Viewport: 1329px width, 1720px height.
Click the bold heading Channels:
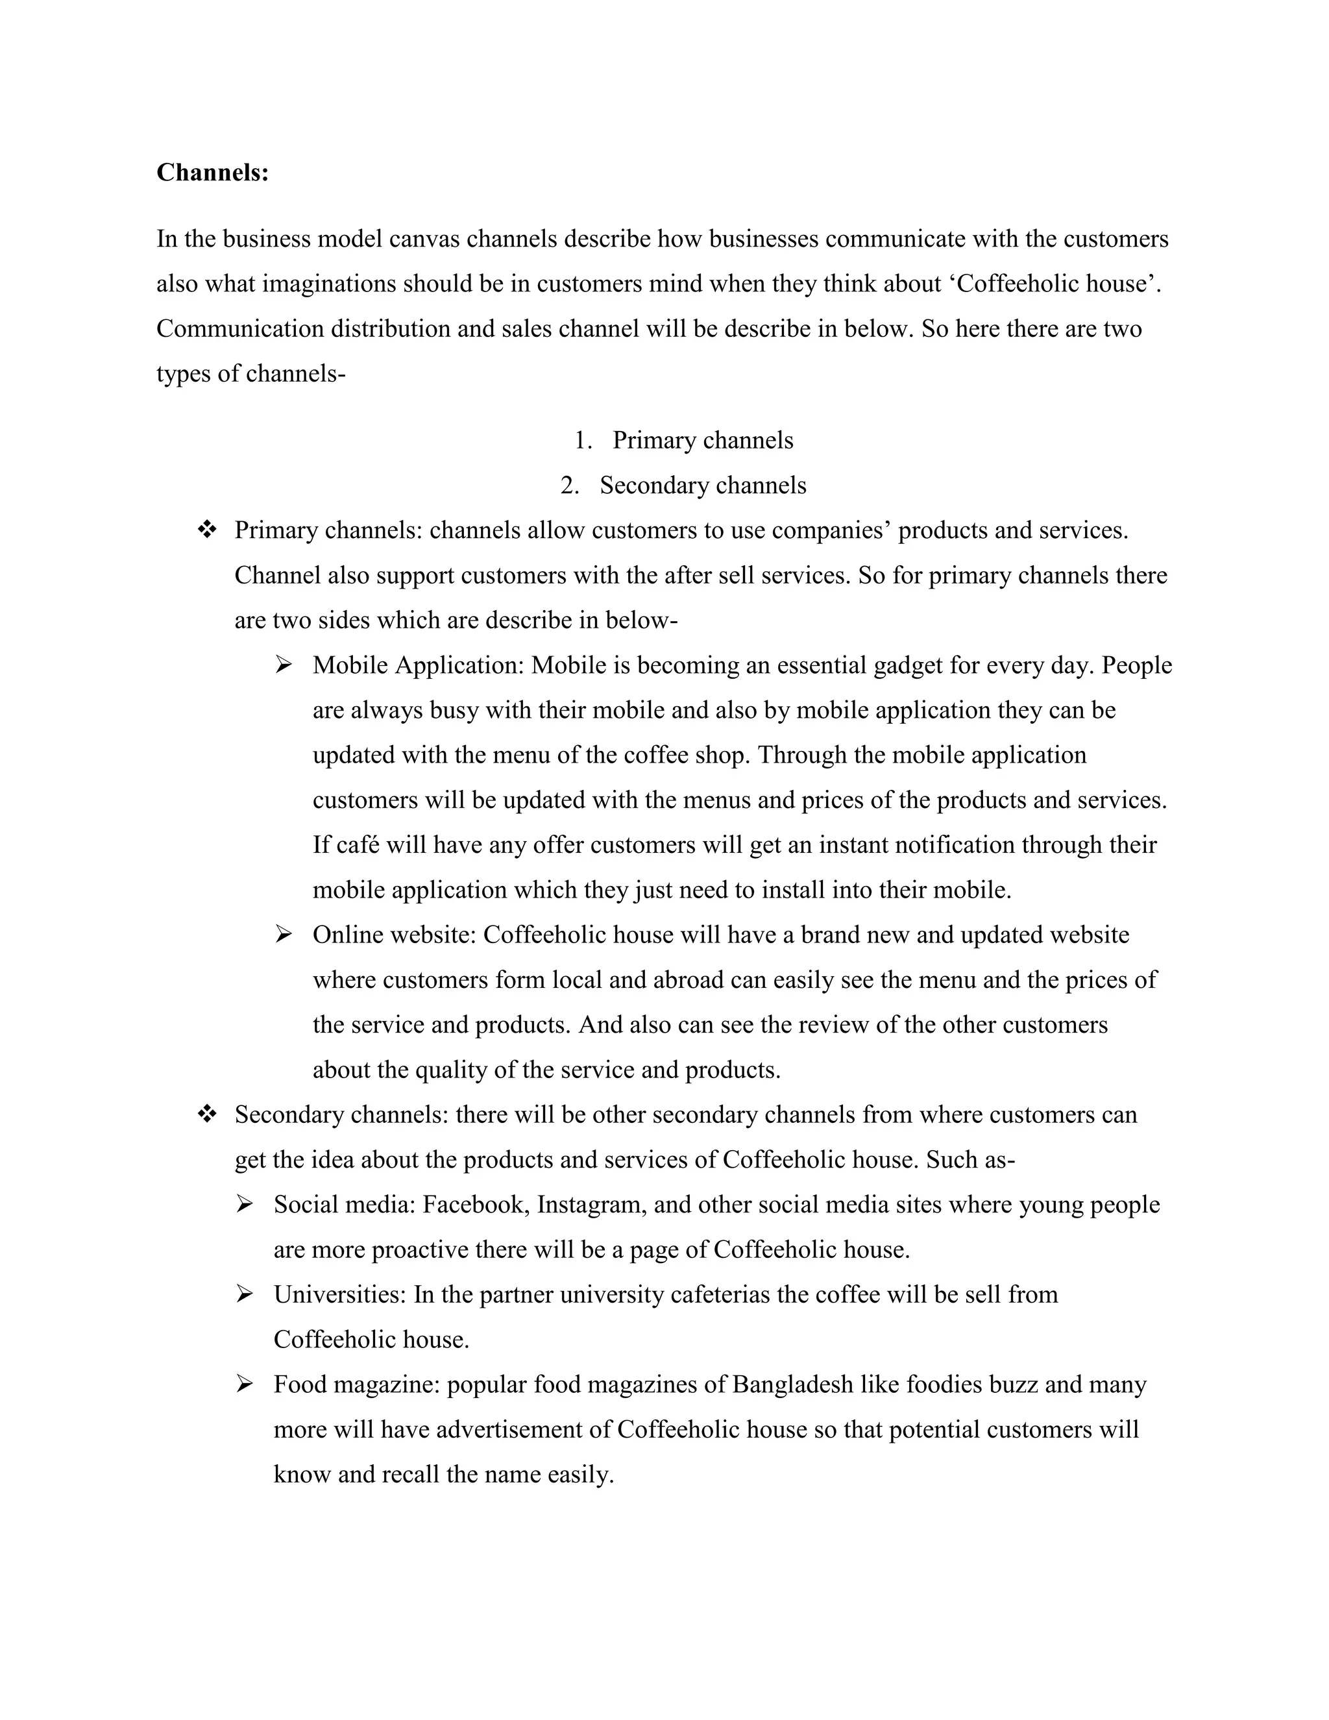pyautogui.click(x=213, y=173)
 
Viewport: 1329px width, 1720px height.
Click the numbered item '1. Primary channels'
pyautogui.click(x=683, y=440)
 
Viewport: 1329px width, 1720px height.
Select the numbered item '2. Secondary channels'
pyautogui.click(x=683, y=485)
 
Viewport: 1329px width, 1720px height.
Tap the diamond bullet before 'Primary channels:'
pyautogui.click(x=206, y=530)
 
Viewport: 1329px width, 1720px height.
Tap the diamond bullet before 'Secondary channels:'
pyautogui.click(x=206, y=1114)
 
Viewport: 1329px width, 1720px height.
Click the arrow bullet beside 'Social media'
pyautogui.click(x=244, y=1204)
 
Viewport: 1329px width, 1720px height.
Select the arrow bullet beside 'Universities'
pyautogui.click(x=244, y=1294)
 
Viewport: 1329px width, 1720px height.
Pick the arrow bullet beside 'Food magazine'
pyautogui.click(x=244, y=1384)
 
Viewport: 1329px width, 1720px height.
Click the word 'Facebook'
pyautogui.click(x=476, y=1205)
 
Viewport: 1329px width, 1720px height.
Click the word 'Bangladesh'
pyautogui.click(x=792, y=1384)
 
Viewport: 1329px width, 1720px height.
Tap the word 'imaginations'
pyautogui.click(x=329, y=284)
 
